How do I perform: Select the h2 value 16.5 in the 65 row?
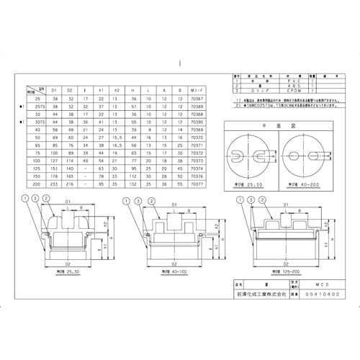click(x=117, y=145)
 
